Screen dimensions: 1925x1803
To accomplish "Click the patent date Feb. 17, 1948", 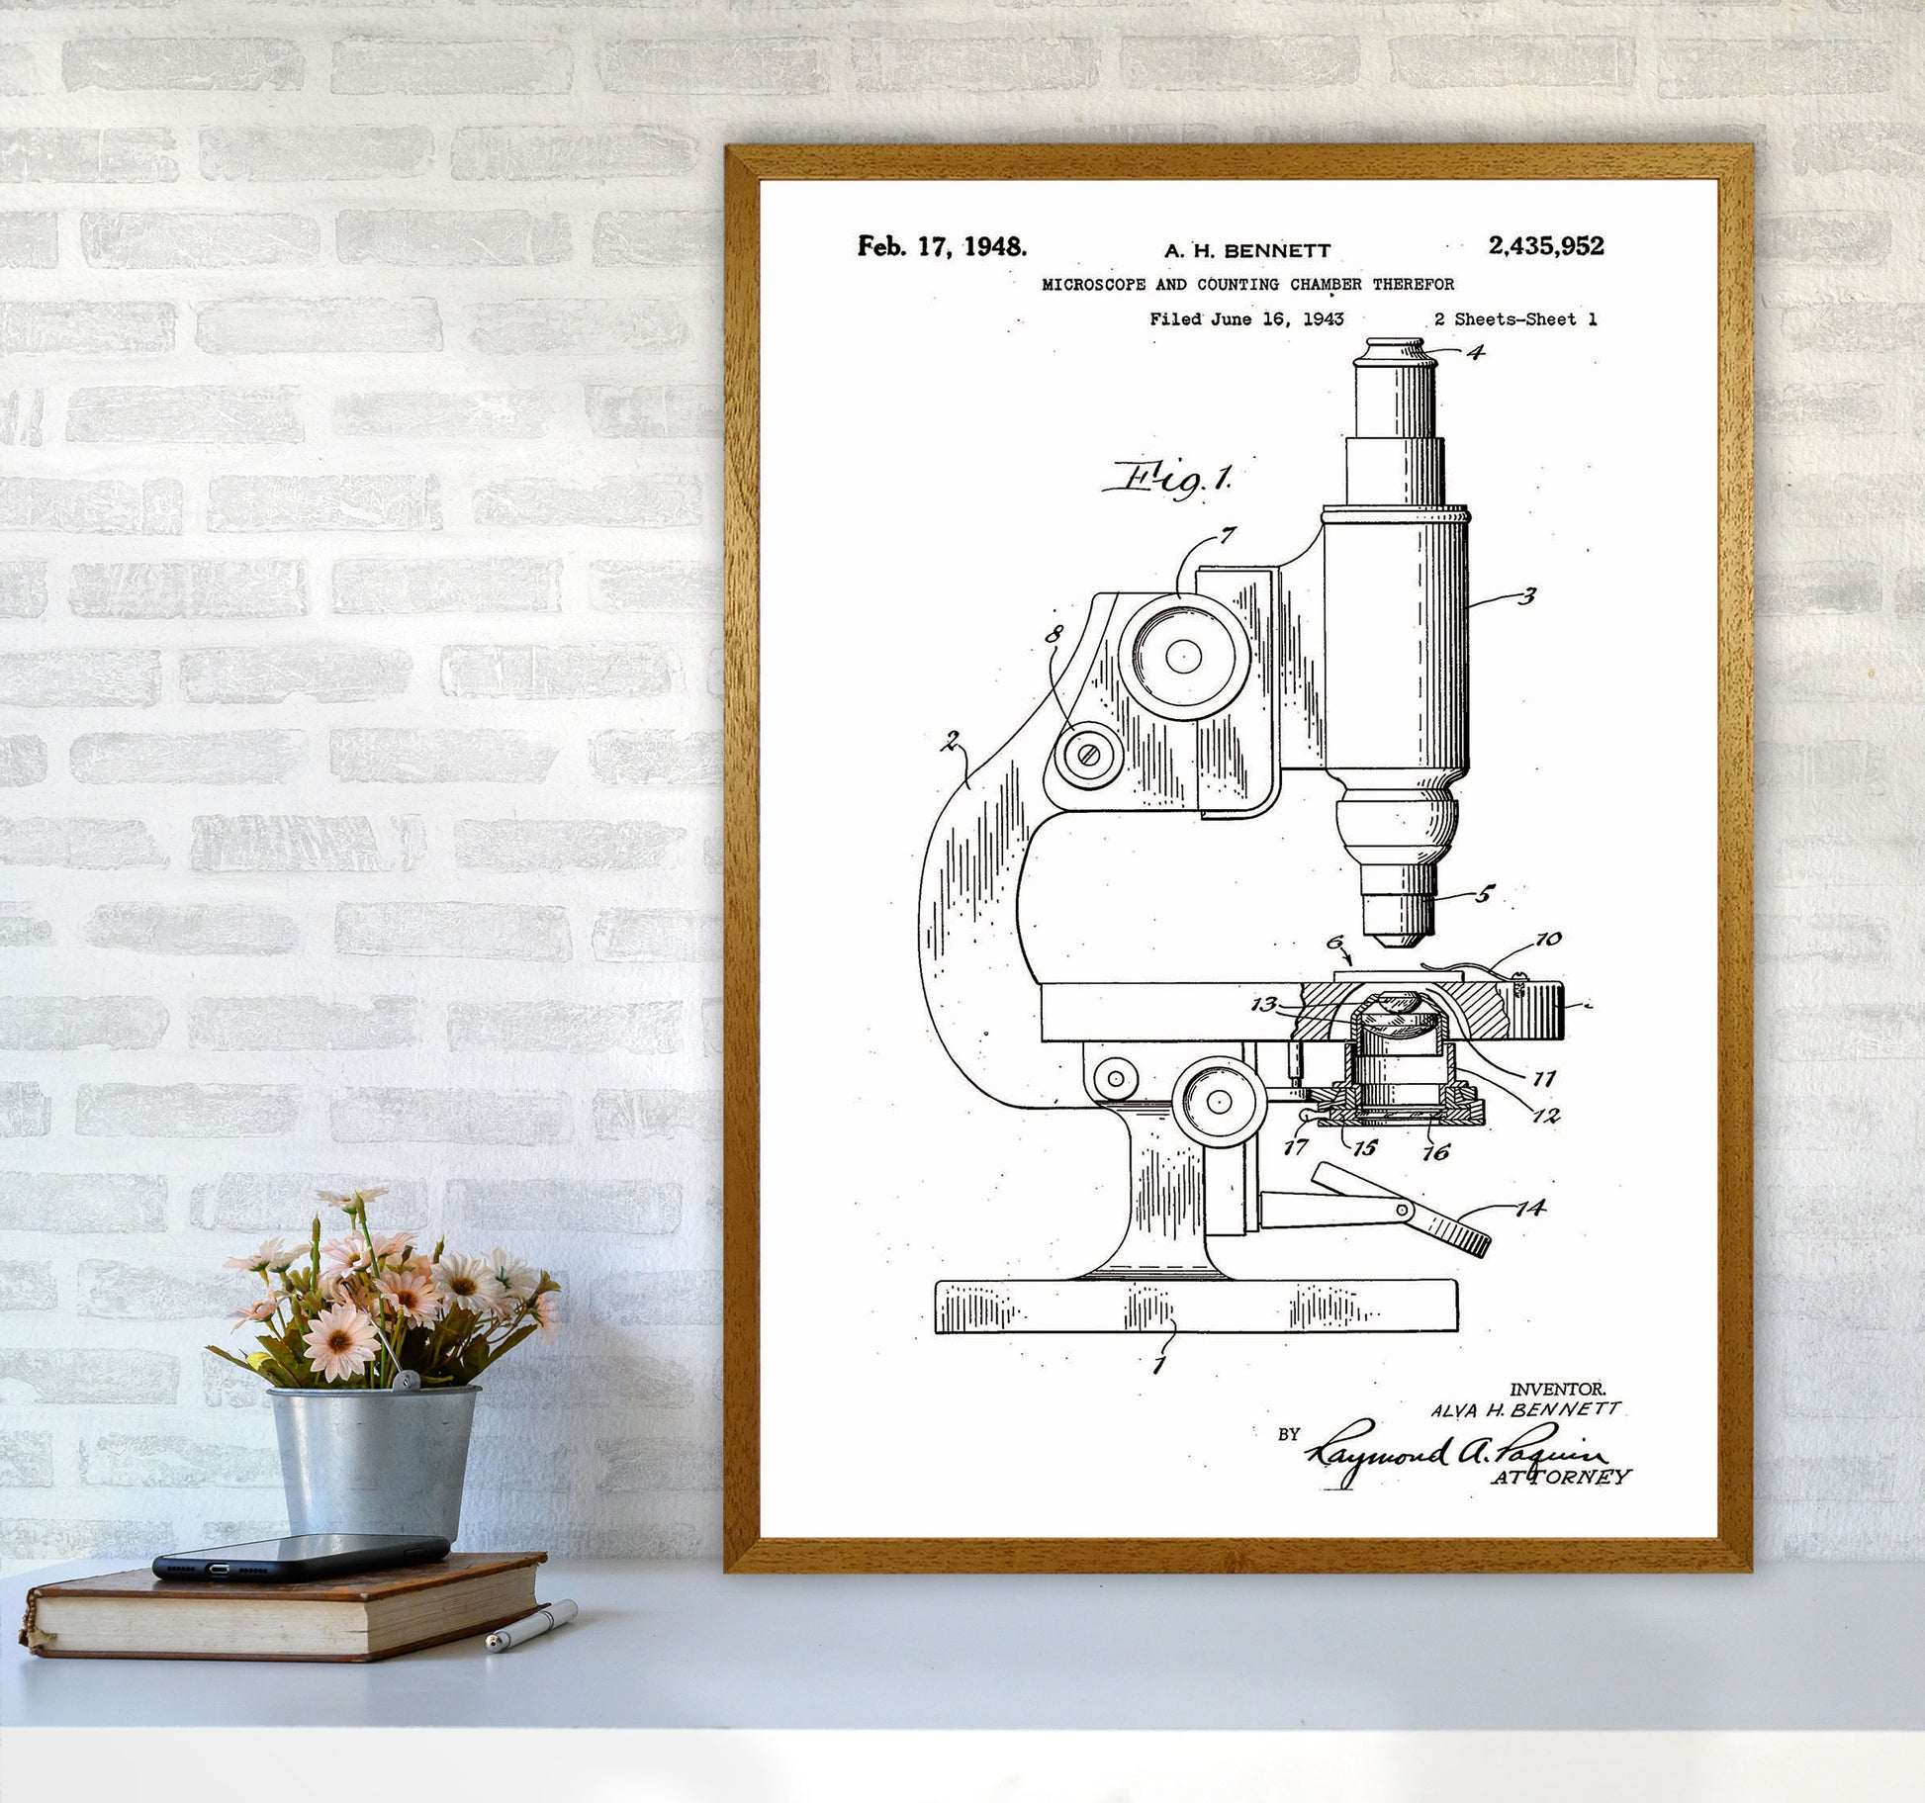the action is coord(942,246).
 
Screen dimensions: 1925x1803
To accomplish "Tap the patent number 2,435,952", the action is coord(1545,246).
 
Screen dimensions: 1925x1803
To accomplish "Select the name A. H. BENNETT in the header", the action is coord(1246,251).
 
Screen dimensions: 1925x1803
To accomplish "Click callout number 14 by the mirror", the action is coord(1530,1208).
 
